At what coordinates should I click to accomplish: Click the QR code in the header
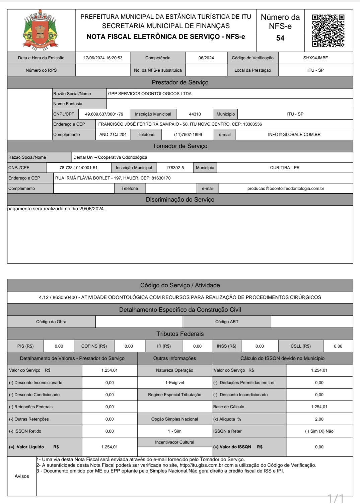(328, 30)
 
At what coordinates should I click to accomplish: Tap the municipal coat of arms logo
(41, 30)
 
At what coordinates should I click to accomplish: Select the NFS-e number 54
(280, 38)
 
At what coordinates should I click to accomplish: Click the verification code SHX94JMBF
(315, 58)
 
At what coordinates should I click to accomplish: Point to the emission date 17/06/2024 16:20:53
(103, 58)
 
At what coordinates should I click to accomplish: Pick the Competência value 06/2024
(206, 58)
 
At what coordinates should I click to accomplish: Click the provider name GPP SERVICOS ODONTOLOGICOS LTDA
(150, 94)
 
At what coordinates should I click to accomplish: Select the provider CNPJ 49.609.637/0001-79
(104, 114)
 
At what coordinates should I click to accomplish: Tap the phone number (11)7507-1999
(188, 135)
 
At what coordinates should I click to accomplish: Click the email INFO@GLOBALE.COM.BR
(294, 135)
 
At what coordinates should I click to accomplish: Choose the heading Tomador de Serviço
(180, 146)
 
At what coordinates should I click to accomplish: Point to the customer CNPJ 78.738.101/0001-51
(78, 168)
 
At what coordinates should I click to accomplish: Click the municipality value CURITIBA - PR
(285, 168)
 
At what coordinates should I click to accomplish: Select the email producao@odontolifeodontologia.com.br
(286, 189)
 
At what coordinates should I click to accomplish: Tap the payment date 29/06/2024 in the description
(91, 209)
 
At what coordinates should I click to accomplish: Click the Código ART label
(227, 322)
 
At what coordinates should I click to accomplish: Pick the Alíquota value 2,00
(319, 419)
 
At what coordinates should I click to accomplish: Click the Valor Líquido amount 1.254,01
(110, 447)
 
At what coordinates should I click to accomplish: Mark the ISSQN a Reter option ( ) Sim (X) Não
(319, 431)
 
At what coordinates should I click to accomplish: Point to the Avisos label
(22, 476)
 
